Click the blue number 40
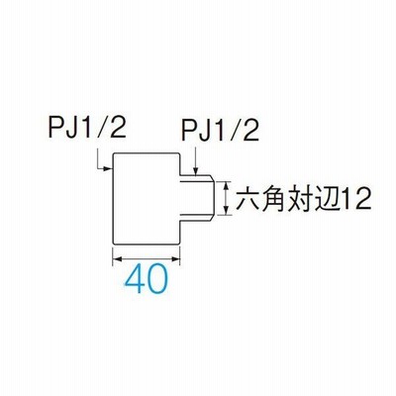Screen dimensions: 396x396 (147, 279)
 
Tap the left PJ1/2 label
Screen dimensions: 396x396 (88, 128)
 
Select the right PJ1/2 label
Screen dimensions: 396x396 (220, 132)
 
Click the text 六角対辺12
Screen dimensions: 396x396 (303, 199)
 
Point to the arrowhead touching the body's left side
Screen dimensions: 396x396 (108, 169)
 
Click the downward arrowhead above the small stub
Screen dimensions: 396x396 (196, 171)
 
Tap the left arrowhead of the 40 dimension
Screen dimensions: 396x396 (118, 258)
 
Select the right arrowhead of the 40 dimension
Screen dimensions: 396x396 (175, 258)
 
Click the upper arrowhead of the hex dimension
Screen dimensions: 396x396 (226, 186)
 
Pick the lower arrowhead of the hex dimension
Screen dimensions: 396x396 (226, 210)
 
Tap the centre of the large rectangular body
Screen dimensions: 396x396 (147, 199)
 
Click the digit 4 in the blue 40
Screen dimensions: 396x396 (136, 279)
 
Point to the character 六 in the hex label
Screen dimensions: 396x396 (247, 199)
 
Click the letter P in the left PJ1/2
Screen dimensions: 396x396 (55, 128)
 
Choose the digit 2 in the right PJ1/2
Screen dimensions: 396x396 (251, 132)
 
